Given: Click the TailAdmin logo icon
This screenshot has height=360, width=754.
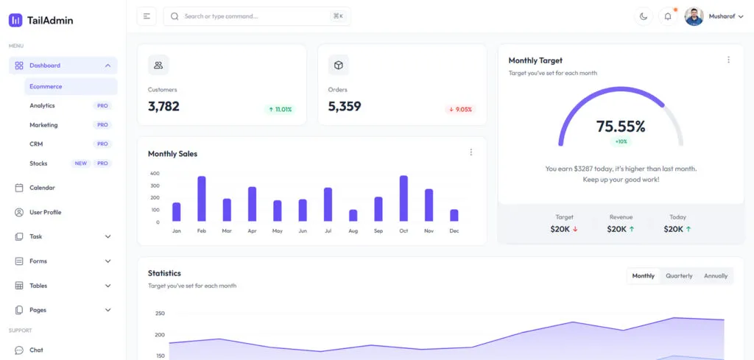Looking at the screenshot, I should pyautogui.click(x=15, y=21).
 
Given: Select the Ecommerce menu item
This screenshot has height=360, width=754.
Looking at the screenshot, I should pyautogui.click(x=46, y=86).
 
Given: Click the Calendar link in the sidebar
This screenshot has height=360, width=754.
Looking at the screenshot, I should pyautogui.click(x=42, y=188).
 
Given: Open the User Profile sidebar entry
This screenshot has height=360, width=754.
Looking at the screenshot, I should pyautogui.click(x=45, y=212).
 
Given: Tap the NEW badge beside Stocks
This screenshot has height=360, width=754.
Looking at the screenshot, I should pyautogui.click(x=81, y=163).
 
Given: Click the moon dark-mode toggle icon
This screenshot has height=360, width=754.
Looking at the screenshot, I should pyautogui.click(x=644, y=16).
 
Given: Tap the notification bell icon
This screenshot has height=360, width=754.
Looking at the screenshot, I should pyautogui.click(x=668, y=16).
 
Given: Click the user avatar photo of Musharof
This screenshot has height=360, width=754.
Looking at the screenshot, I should pyautogui.click(x=694, y=16).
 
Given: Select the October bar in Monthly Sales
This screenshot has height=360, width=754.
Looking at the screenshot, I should pyautogui.click(x=404, y=198).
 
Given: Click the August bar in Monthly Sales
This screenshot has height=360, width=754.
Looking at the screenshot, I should pyautogui.click(x=353, y=215).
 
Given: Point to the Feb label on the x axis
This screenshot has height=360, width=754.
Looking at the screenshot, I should pyautogui.click(x=202, y=231).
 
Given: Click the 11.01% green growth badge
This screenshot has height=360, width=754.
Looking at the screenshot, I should pyautogui.click(x=280, y=110).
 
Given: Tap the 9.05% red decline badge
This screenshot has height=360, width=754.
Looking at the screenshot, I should pyautogui.click(x=460, y=110).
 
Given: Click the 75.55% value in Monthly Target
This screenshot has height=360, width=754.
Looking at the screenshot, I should pyautogui.click(x=621, y=126).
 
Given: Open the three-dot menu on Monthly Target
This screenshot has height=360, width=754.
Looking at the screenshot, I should pyautogui.click(x=728, y=60).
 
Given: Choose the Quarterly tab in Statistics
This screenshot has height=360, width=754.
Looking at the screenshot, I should pyautogui.click(x=679, y=276).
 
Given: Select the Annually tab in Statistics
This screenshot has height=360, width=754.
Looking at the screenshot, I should pyautogui.click(x=716, y=276).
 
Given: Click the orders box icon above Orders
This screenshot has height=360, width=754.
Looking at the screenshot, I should pyautogui.click(x=339, y=65).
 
